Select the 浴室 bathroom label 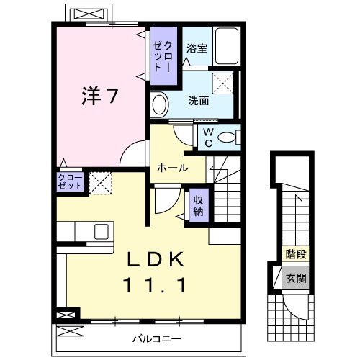pos(197,49)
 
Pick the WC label pos(207,136)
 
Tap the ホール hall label pos(173,168)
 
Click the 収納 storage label pos(199,203)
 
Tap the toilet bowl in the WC pos(228,137)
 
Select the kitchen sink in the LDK pos(101,231)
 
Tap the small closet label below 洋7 pos(70,181)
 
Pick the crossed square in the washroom pos(224,82)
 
